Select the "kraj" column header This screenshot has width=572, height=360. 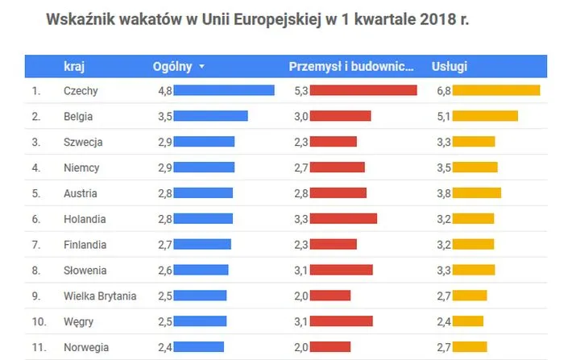coord(74,67)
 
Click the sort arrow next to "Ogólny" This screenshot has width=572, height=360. coord(201,67)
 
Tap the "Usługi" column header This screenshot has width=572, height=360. coord(449,67)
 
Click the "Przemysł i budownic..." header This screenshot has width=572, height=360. coord(352,67)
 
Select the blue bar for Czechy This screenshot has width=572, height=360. coord(224,91)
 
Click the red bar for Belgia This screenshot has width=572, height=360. coord(340,117)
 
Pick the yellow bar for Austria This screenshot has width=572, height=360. coord(476,193)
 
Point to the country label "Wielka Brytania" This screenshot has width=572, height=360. coord(100,296)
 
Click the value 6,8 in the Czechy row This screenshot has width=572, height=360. coord(443,91)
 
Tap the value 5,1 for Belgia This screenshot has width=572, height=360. coord(443,117)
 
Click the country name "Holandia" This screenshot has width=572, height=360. coord(85,219)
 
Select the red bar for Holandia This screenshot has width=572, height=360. coord(343,219)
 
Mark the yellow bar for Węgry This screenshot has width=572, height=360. coord(467,322)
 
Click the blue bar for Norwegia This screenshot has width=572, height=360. coord(198,348)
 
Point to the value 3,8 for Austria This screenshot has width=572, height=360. coord(443,193)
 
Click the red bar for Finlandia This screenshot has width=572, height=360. coord(333,245)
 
